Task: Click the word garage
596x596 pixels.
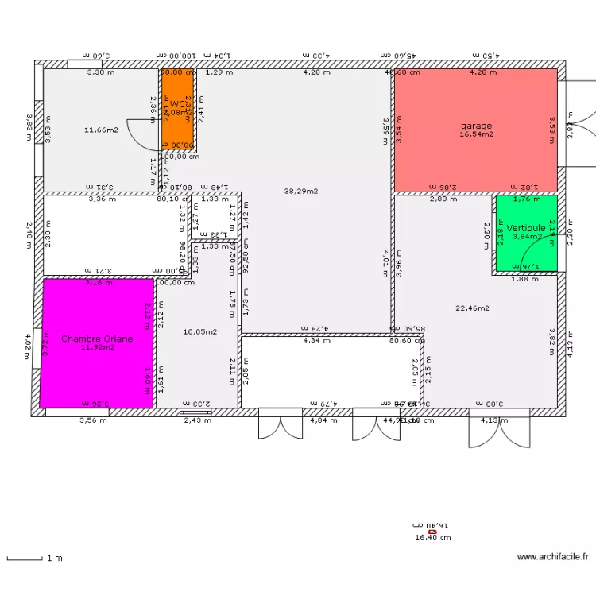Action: tap(476, 126)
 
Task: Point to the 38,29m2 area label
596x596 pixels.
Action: tap(301, 191)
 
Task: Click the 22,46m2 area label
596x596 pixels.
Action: tap(472, 308)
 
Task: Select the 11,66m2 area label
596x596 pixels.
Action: tap(101, 129)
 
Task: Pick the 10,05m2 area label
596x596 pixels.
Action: tap(199, 332)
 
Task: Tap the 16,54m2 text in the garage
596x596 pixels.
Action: tap(476, 135)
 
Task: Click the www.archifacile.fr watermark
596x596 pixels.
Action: tap(552, 558)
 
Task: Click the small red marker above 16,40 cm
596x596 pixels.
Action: tap(432, 532)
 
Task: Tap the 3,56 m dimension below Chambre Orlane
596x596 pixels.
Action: tap(92, 420)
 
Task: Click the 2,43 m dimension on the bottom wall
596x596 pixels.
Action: tap(197, 420)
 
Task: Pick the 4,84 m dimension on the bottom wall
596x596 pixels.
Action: tap(323, 420)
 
